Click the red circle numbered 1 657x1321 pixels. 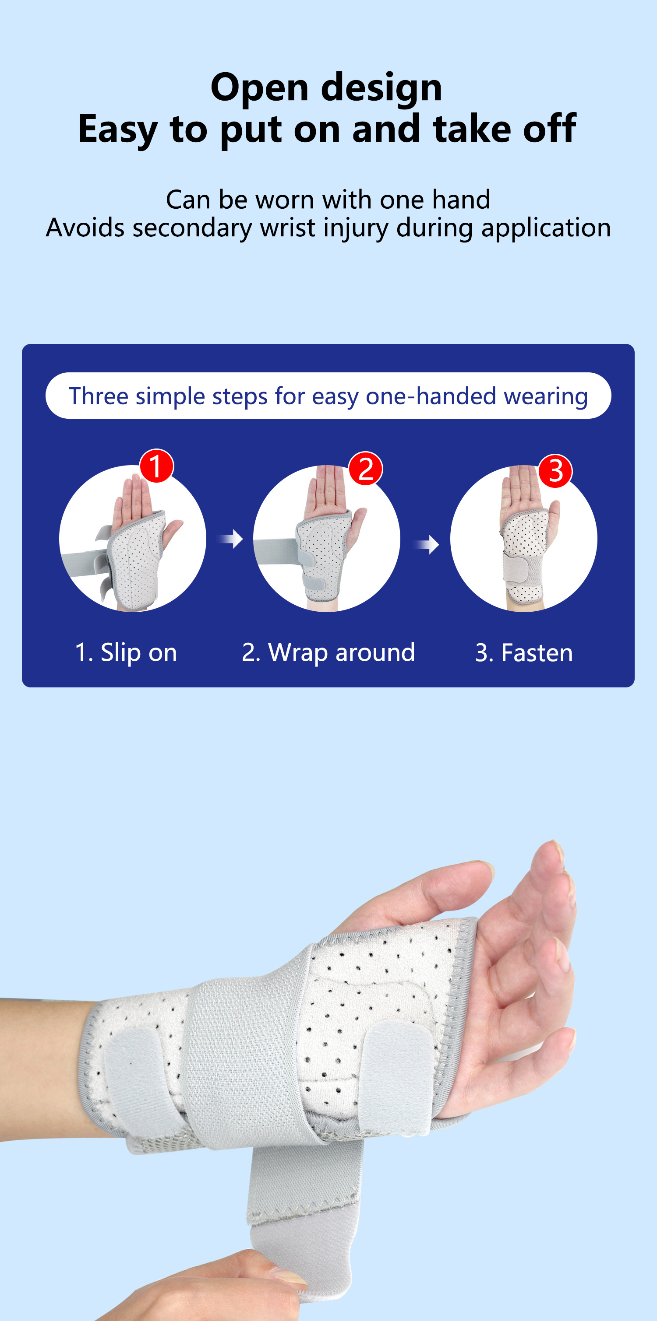pyautogui.click(x=156, y=466)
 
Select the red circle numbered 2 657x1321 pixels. pyautogui.click(x=365, y=469)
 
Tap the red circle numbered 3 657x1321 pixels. pyautogui.click(x=555, y=471)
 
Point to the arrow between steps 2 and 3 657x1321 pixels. pyautogui.click(x=427, y=545)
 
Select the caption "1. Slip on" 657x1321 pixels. pyautogui.click(x=126, y=653)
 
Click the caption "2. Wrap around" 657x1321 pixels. pyautogui.click(x=328, y=653)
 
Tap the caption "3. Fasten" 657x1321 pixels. pyautogui.click(x=524, y=653)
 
